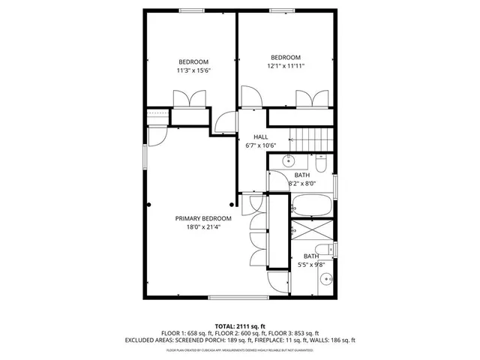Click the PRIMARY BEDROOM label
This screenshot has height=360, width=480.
(203, 218)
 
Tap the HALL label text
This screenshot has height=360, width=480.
(260, 136)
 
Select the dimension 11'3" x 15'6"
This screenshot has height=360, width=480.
(193, 70)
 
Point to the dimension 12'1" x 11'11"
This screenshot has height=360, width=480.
(286, 66)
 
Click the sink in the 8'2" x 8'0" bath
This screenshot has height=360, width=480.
(287, 161)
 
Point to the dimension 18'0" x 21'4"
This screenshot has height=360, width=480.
(203, 227)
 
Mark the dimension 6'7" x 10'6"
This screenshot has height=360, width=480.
(260, 145)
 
